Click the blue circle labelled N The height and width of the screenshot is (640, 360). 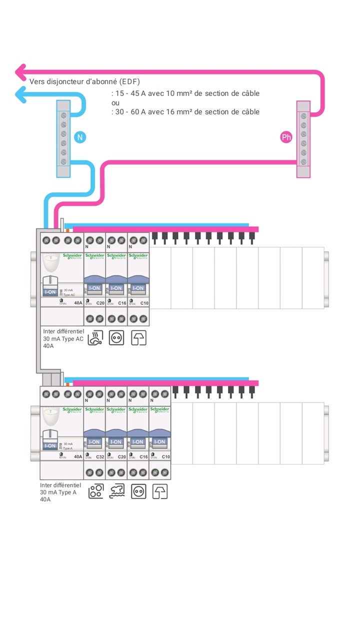point(79,136)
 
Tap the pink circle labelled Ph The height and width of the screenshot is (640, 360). point(286,137)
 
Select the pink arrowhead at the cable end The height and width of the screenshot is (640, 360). point(20,72)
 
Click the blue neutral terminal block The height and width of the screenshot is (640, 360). point(63,138)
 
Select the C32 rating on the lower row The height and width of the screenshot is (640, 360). point(98,456)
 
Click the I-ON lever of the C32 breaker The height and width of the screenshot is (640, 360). point(94,441)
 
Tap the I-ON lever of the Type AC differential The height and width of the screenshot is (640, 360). point(50,292)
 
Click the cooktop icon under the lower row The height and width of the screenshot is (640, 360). point(95,492)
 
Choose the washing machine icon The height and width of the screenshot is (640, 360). point(117,492)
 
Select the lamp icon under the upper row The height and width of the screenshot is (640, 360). point(138,338)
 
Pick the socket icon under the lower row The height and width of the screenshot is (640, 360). point(138,492)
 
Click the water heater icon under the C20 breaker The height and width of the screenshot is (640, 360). point(95,338)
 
